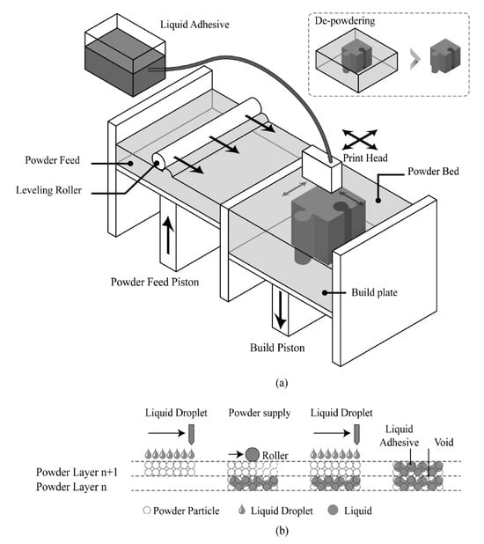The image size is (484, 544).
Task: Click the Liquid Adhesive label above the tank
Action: coord(194,25)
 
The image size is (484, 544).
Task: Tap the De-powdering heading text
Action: coord(345,21)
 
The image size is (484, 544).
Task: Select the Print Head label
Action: coord(365,158)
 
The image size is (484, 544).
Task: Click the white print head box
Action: coord(322,168)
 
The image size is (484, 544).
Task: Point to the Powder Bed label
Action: coord(433,172)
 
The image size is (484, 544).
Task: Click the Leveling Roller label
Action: coord(49,190)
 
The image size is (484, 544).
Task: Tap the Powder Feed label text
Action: coord(53,160)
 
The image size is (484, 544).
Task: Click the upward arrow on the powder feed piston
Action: coord(168,235)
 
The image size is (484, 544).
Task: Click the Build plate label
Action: coord(374,292)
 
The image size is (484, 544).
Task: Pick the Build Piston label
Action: coord(277,348)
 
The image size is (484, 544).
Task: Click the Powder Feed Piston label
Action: coord(155,282)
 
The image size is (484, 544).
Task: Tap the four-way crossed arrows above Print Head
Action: coord(360,139)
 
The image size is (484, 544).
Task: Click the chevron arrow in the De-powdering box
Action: coord(415,59)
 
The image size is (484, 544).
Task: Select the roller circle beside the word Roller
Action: coord(253,454)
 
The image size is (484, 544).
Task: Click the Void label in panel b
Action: coord(444,443)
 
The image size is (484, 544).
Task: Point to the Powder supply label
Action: coord(260,413)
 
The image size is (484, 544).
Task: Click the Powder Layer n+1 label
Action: coord(77,472)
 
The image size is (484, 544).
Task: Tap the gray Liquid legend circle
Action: coord(333,510)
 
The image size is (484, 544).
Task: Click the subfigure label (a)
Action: coord(282,383)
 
